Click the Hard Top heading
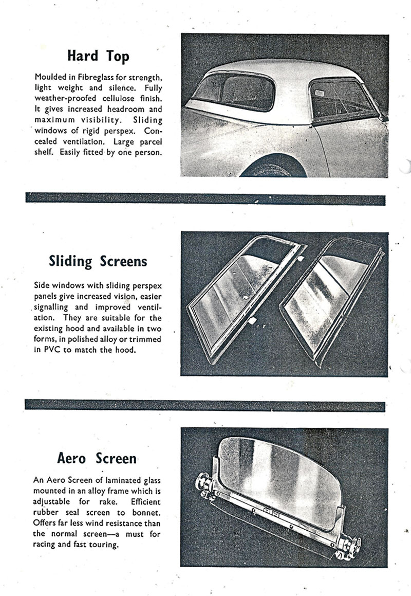pos(98,56)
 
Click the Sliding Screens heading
pos(98,261)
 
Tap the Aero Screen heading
pos(97,458)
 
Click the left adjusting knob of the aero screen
pos(205,484)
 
